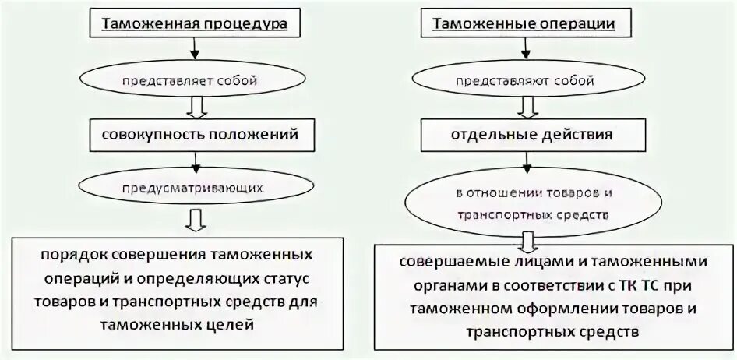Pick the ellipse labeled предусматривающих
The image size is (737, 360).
(x=196, y=189)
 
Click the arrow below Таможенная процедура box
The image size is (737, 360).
(x=196, y=51)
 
